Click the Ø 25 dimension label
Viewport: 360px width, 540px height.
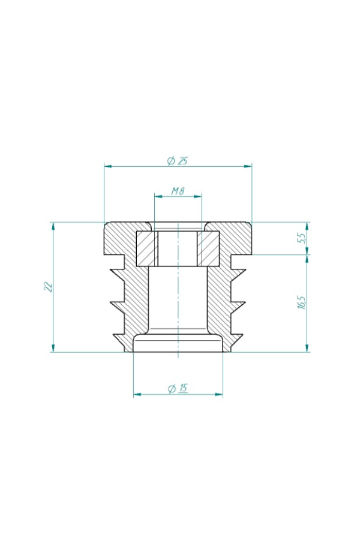tap(178, 161)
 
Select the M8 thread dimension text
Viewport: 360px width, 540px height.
tap(178, 191)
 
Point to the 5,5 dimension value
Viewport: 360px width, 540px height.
tap(301, 238)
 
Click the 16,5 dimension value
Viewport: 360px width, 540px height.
tap(302, 301)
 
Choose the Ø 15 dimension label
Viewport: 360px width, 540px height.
tap(178, 388)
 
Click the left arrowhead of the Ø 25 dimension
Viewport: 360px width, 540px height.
tap(108, 166)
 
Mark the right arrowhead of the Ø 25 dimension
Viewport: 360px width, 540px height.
tap(248, 166)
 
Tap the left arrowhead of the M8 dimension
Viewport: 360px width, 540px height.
tap(158, 196)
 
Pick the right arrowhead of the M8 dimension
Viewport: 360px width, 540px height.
tap(198, 196)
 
